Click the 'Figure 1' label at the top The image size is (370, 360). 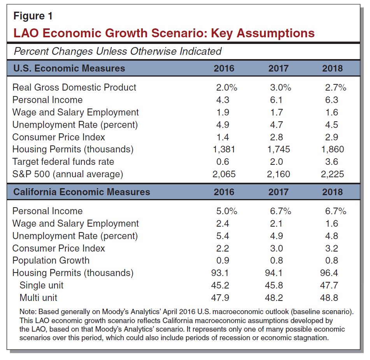point(33,16)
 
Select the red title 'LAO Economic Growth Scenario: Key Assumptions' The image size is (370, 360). point(164,33)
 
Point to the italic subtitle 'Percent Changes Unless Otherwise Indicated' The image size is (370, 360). point(117,51)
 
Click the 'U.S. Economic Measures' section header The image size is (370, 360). point(69,68)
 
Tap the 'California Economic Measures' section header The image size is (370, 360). point(81,192)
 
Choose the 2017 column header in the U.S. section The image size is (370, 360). point(278,68)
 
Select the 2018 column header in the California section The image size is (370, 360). point(332,192)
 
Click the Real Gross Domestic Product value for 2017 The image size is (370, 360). point(280,87)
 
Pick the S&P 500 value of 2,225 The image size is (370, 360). point(332,174)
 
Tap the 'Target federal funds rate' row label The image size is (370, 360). point(63,162)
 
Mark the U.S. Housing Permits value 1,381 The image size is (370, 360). point(224,149)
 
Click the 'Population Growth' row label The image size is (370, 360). point(51,260)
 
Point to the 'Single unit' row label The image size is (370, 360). point(41,285)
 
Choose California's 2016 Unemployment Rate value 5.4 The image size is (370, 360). point(223,236)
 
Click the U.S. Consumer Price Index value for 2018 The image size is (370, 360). point(332,137)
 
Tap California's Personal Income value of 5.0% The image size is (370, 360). point(226,211)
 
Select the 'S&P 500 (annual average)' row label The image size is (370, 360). point(68,174)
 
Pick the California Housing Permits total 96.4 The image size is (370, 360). point(332,273)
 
